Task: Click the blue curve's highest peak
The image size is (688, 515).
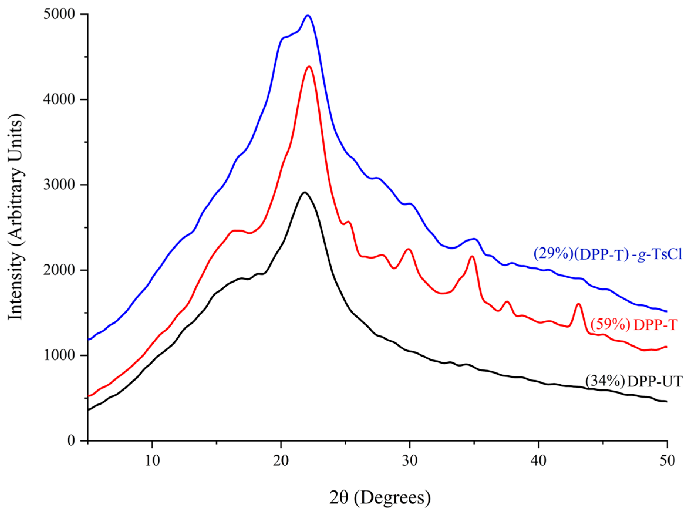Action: click(x=308, y=15)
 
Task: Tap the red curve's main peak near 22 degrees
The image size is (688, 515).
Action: click(x=309, y=66)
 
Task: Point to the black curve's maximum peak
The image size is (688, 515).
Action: click(x=304, y=192)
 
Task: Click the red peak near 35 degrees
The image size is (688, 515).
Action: click(x=472, y=256)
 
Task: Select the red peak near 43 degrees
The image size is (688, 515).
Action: click(x=579, y=304)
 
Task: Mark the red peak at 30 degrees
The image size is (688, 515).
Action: click(x=408, y=249)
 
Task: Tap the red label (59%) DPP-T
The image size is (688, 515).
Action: click(x=634, y=325)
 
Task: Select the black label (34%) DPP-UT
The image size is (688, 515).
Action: click(x=634, y=381)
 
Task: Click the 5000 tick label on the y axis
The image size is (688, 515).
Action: click(x=59, y=14)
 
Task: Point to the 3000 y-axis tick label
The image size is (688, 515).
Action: click(x=59, y=185)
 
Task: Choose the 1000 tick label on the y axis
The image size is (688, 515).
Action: click(x=59, y=355)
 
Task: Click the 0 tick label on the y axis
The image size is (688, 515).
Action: click(x=71, y=440)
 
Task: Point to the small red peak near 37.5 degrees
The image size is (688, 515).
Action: click(x=507, y=301)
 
